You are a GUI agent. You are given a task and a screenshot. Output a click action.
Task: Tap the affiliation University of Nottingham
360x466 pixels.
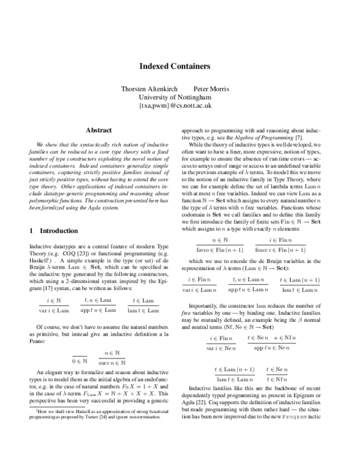(179, 97)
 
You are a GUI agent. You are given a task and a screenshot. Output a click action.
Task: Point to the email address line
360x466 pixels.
(179, 105)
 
